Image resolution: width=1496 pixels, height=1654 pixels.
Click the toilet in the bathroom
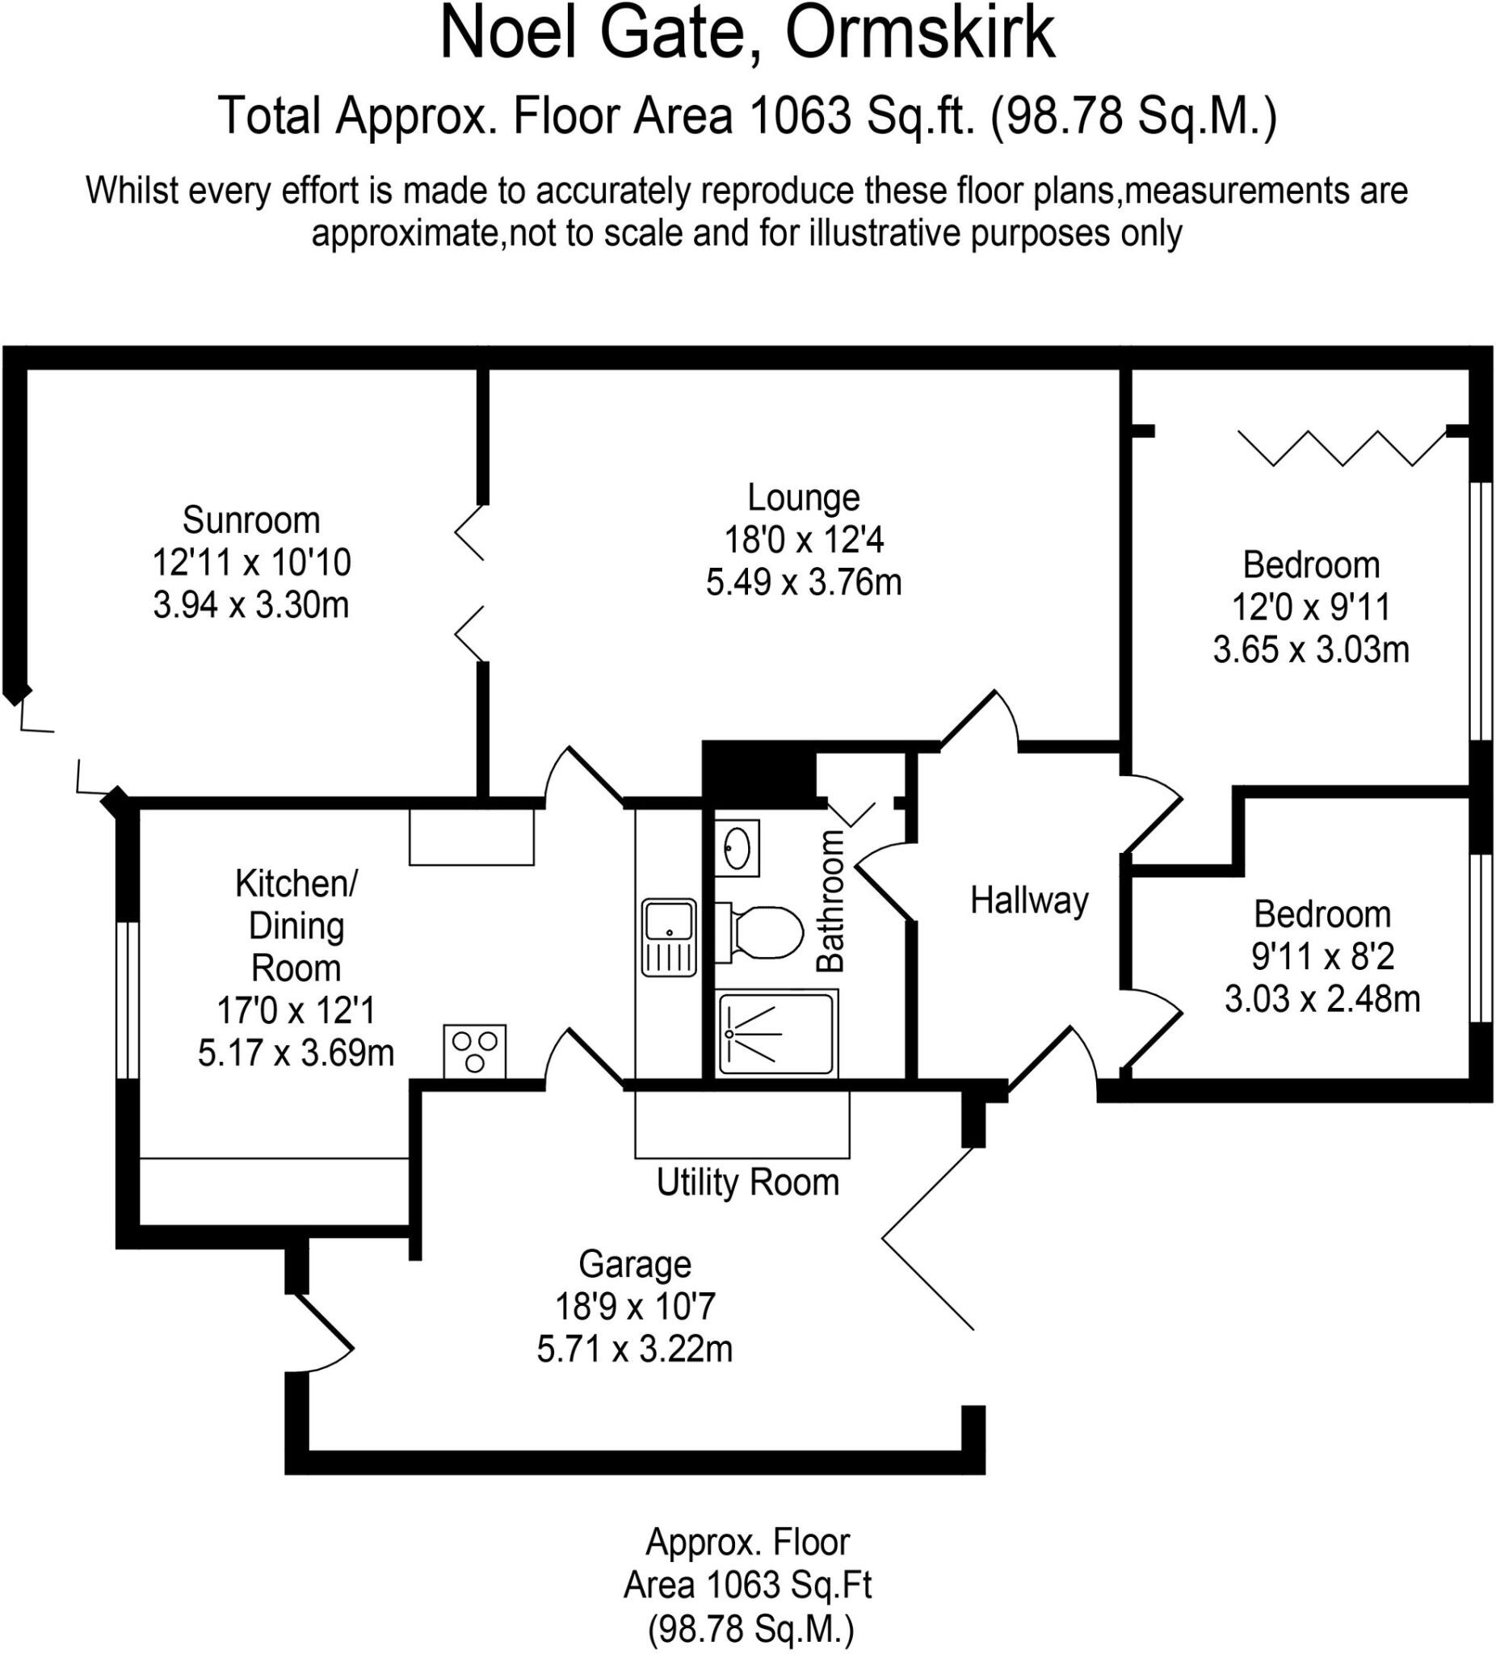pyautogui.click(x=759, y=932)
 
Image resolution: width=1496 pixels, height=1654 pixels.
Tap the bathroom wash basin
pyautogui.click(x=737, y=848)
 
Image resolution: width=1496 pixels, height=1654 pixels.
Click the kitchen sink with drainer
pyautogui.click(x=669, y=938)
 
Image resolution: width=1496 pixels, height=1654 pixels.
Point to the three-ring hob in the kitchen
pyautogui.click(x=475, y=1051)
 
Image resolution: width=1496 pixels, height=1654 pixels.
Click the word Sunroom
pyautogui.click(x=251, y=520)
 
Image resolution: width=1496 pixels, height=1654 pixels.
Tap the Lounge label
pyautogui.click(x=804, y=497)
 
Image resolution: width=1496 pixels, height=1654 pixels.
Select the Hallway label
pyautogui.click(x=1029, y=900)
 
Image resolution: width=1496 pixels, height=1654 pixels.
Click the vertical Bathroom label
pyautogui.click(x=830, y=900)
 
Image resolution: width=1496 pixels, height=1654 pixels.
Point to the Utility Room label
pyautogui.click(x=747, y=1182)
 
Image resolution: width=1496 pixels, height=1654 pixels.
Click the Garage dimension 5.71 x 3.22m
pyautogui.click(x=634, y=1349)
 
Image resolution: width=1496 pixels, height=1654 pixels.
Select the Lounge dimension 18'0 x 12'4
pyautogui.click(x=804, y=539)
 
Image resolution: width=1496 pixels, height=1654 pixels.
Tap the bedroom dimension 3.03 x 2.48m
pyautogui.click(x=1322, y=999)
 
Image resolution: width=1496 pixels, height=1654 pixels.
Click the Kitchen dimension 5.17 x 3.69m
pyautogui.click(x=296, y=1052)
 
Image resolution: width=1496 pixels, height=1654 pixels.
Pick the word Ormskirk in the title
pyautogui.click(x=920, y=34)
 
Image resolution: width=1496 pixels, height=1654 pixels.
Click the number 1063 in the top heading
pyautogui.click(x=801, y=115)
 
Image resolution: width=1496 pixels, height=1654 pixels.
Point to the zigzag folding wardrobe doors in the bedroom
pyautogui.click(x=1342, y=447)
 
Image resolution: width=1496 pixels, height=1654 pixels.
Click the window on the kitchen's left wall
pyautogui.click(x=127, y=999)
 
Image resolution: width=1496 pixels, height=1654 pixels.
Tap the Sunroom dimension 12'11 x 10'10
pyautogui.click(x=251, y=563)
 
